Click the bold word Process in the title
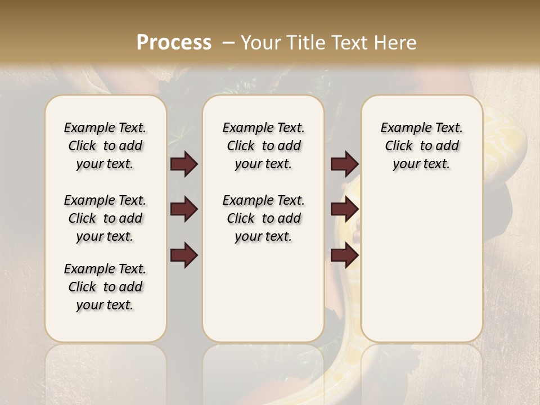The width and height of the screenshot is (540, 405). (174, 43)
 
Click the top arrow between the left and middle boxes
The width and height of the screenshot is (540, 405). (184, 164)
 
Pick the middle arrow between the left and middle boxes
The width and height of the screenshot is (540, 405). (184, 210)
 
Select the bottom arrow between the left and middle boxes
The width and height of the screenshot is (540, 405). (184, 255)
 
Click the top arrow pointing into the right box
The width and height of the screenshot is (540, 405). (344, 164)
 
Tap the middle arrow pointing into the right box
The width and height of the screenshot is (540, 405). (344, 210)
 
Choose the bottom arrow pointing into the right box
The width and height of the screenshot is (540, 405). (344, 255)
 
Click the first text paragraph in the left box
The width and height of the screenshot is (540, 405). (105, 146)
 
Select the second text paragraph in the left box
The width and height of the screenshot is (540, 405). (105, 218)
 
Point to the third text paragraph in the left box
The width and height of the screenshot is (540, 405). (105, 287)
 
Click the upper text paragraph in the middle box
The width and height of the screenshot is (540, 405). (263, 146)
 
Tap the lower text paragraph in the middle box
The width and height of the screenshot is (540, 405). (263, 218)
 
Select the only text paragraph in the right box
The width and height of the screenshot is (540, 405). (421, 146)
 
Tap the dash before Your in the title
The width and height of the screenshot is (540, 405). (229, 42)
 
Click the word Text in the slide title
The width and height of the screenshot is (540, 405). (345, 43)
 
